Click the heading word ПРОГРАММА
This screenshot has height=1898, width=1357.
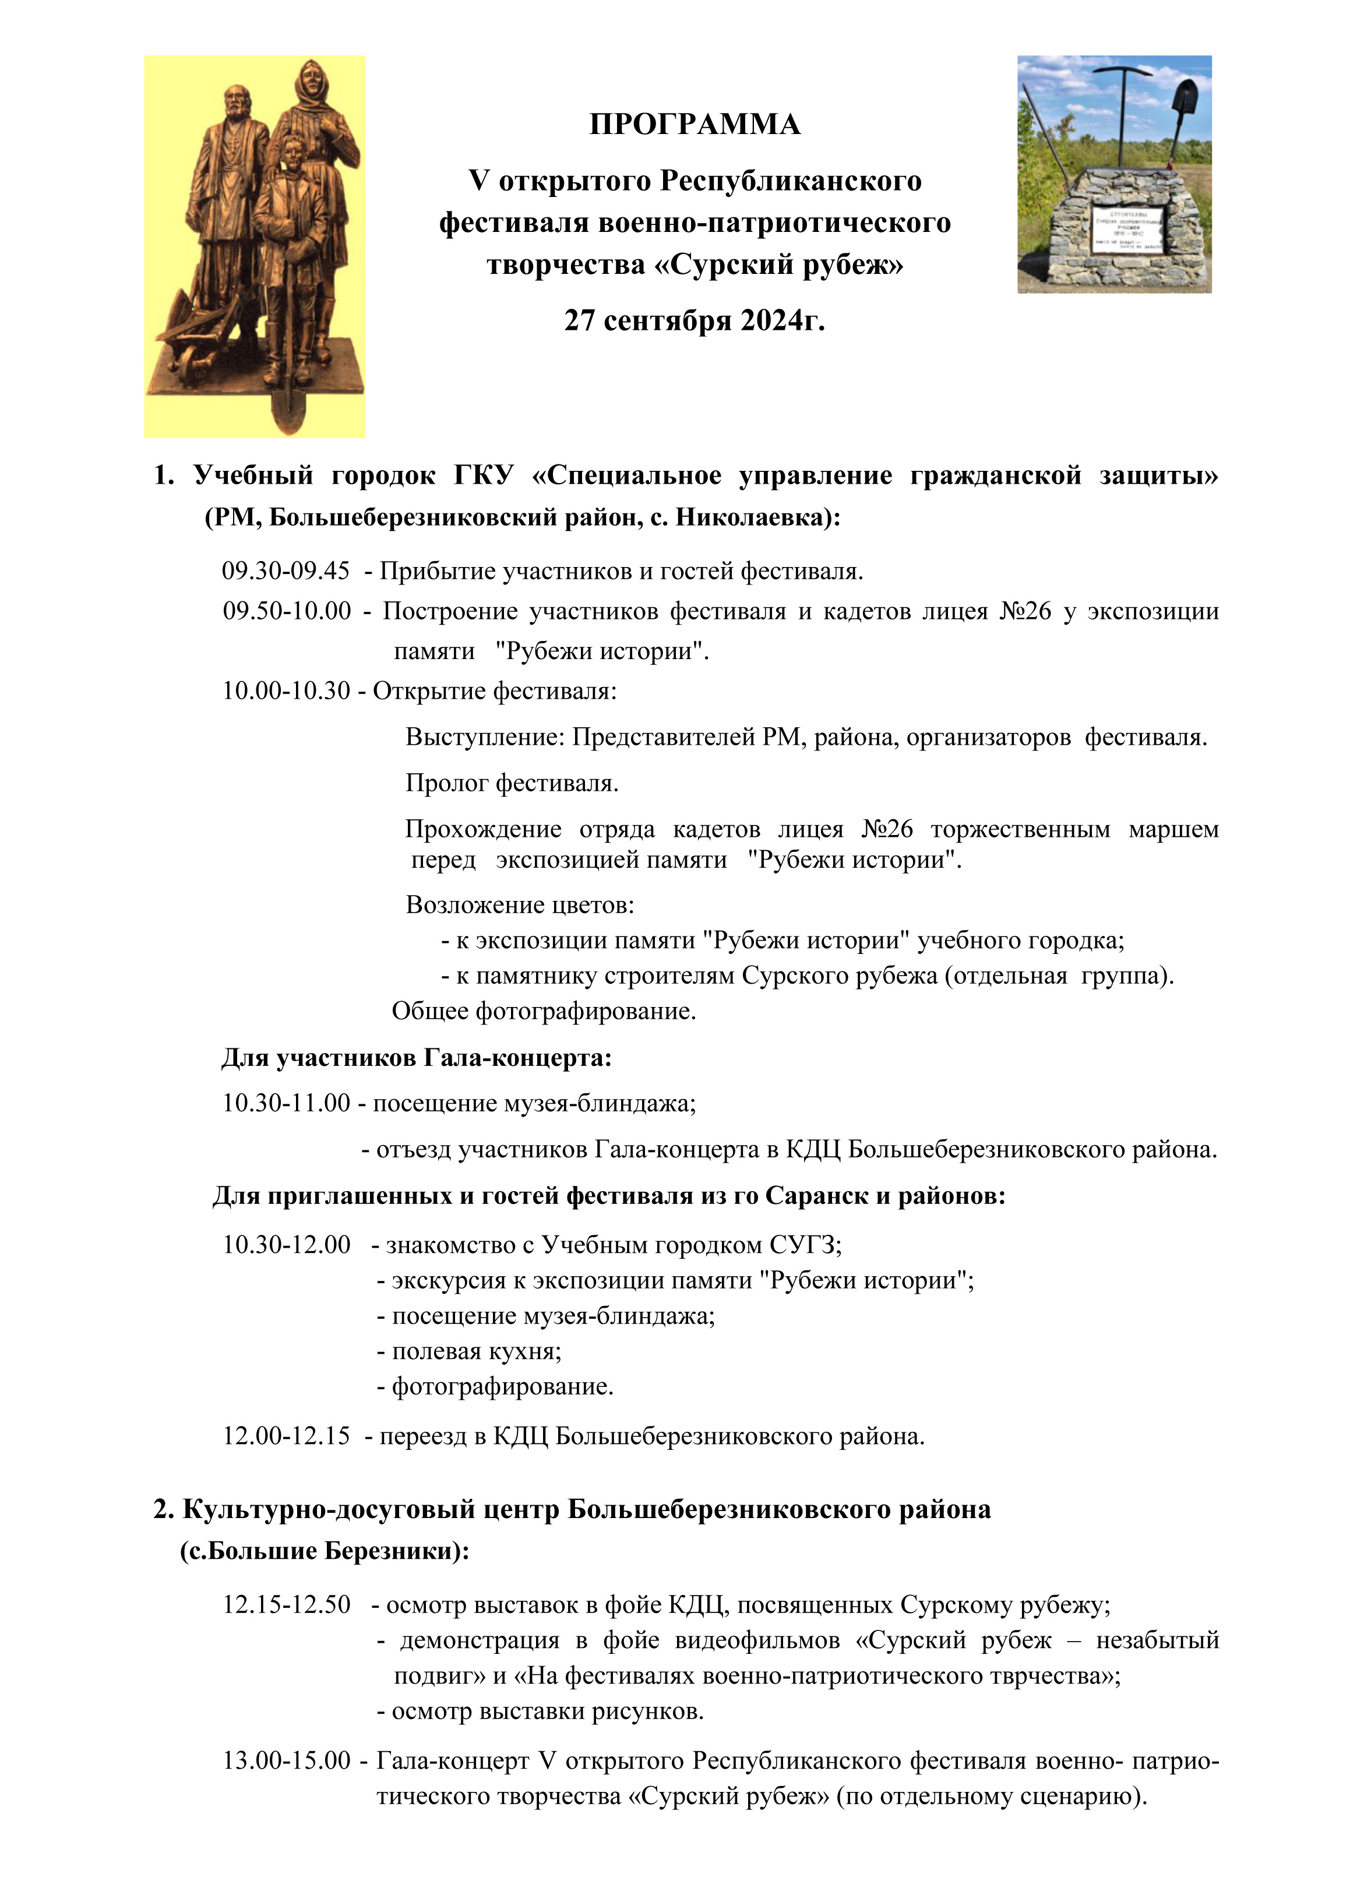click(695, 125)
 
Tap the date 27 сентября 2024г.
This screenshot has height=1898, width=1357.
click(695, 320)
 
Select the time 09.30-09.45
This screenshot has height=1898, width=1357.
click(286, 572)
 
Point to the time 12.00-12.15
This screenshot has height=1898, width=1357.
click(286, 1436)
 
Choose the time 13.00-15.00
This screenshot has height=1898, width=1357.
click(286, 1761)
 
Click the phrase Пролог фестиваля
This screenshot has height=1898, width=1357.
click(512, 783)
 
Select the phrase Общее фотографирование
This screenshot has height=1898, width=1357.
click(544, 1011)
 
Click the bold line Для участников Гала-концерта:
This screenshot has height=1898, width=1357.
click(416, 1058)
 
